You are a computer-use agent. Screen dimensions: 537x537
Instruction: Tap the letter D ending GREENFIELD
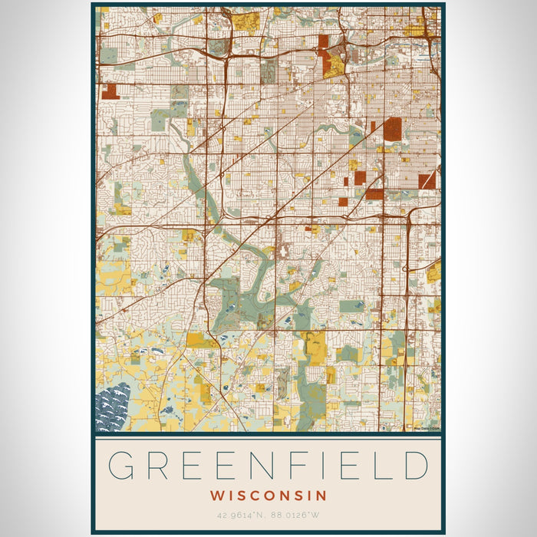click(415, 466)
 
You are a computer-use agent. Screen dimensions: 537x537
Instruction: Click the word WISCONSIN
click(268, 496)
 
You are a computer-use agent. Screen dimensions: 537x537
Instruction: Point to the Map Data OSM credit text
click(426, 428)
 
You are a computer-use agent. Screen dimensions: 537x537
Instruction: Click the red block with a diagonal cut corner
click(427, 180)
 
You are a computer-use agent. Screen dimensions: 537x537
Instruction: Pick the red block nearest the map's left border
click(110, 91)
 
